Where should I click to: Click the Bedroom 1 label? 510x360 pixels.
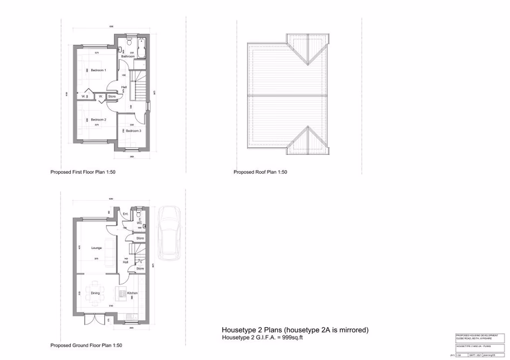(x=98, y=71)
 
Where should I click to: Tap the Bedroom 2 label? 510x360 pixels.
(x=98, y=119)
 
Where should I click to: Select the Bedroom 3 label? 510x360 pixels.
(x=134, y=131)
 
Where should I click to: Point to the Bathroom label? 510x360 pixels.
(x=128, y=56)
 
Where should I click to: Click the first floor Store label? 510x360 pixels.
(x=112, y=97)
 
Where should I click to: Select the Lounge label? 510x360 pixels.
(x=97, y=248)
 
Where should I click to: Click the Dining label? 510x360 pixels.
(x=95, y=293)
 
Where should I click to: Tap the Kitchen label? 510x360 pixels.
(x=132, y=293)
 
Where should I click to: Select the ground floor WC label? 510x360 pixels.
(x=139, y=222)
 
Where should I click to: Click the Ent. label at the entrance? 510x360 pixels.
(x=125, y=214)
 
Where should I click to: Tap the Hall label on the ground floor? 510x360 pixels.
(x=125, y=262)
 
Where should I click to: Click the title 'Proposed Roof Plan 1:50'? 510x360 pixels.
(x=260, y=172)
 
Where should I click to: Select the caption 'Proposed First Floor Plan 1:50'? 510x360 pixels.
(x=83, y=172)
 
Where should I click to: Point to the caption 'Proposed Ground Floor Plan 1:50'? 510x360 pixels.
(x=86, y=345)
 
